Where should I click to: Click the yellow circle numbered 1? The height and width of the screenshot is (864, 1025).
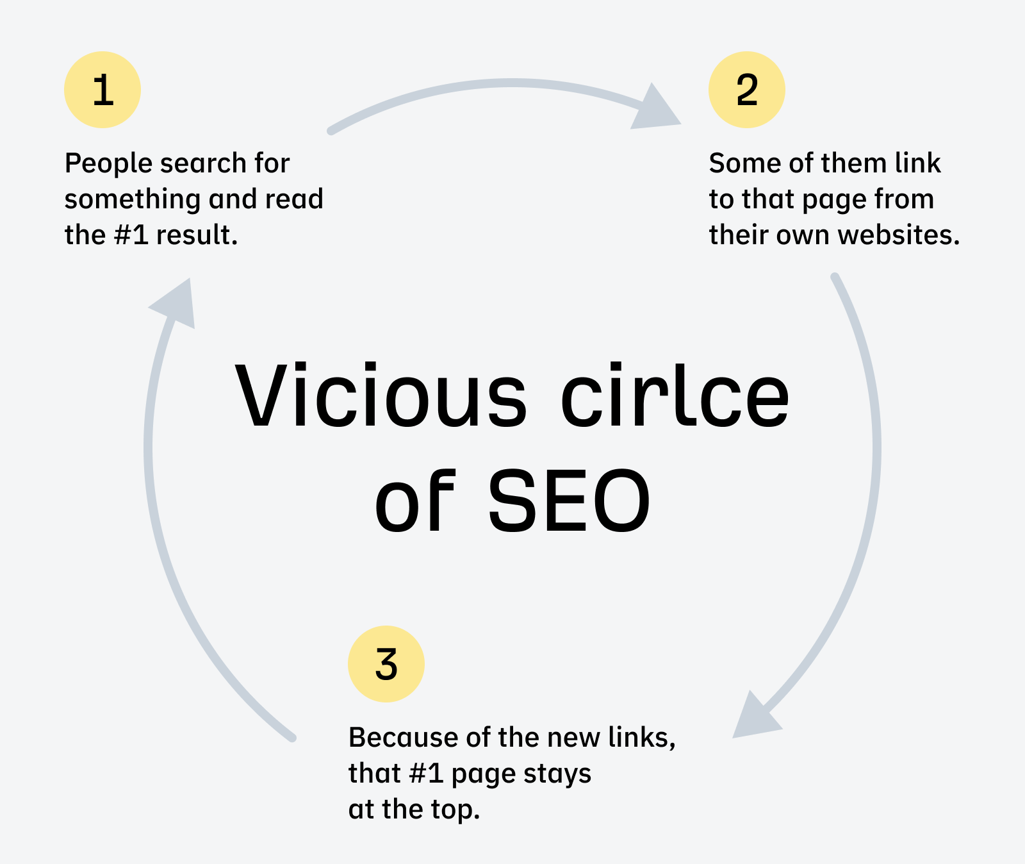click(x=102, y=90)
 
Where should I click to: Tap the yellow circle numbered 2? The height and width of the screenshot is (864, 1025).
click(x=746, y=90)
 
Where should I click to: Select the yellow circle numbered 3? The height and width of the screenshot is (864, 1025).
click(x=386, y=664)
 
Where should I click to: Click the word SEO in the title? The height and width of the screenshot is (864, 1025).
click(x=569, y=501)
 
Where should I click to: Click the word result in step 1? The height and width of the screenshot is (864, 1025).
click(x=197, y=235)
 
